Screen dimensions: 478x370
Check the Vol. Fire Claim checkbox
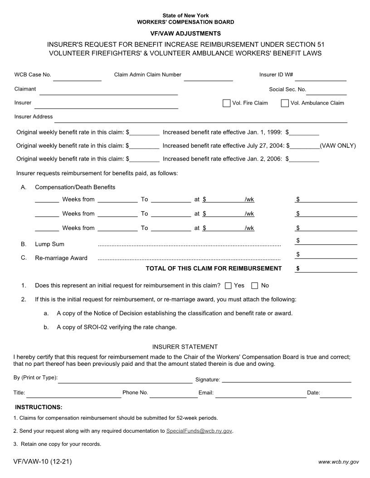227,103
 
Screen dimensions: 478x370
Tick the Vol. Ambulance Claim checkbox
285,103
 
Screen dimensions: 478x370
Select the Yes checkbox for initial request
229,286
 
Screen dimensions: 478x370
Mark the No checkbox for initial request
255,286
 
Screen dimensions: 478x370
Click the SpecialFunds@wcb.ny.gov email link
199,431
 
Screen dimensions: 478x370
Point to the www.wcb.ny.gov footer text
338,462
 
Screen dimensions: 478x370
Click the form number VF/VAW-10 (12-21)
43,462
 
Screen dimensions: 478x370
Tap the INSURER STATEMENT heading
185,347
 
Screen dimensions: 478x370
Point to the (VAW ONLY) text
338,146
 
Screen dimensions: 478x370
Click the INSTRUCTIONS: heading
39,407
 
